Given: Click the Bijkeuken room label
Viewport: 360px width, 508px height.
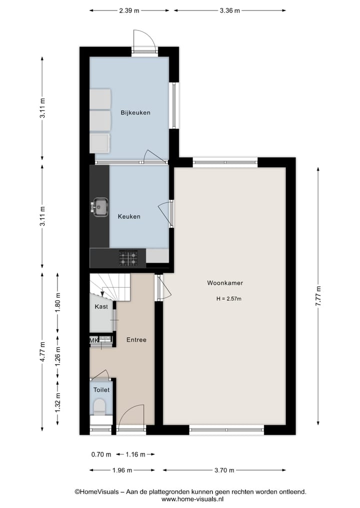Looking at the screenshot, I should point(135,112).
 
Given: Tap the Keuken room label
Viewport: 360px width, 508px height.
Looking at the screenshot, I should point(129,217).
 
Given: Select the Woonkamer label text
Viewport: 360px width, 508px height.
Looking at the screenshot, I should point(225,283).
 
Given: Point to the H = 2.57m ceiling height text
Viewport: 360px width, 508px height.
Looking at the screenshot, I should point(228,299).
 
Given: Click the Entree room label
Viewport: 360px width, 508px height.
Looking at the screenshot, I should point(136,340).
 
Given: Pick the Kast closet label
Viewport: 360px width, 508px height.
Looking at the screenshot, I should point(101,307).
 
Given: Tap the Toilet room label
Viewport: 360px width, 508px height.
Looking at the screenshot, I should point(101,390).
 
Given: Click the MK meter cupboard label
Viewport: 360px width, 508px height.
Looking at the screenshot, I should point(93,340).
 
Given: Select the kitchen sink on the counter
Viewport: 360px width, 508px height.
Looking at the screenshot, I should point(100,207).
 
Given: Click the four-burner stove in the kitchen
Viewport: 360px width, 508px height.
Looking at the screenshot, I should point(128,258).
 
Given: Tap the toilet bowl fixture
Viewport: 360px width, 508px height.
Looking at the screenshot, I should point(100,406).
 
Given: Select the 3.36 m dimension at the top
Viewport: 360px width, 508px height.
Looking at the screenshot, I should point(229,10).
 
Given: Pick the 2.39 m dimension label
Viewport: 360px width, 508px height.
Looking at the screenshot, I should point(129,10).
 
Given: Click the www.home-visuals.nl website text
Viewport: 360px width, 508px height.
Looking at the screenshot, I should point(192,499).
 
